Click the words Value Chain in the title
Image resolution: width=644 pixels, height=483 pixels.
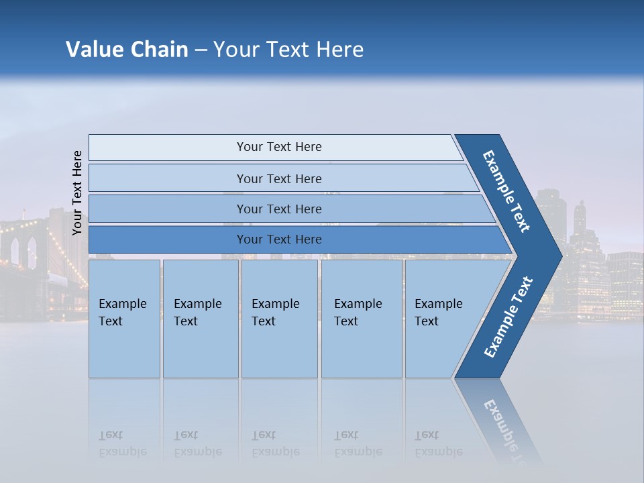[127, 50]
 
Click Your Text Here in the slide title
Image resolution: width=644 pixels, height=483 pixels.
[288, 50]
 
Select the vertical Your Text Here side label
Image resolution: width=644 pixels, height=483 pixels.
[77, 193]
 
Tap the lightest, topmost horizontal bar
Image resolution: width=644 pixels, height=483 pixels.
[275, 147]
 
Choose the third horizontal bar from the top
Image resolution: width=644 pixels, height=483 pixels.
[288, 209]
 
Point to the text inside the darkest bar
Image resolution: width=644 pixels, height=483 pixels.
[279, 239]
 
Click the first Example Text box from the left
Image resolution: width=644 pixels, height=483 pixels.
[124, 319]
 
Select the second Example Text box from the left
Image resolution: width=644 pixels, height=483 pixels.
[201, 319]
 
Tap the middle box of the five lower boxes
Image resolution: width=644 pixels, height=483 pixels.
[279, 319]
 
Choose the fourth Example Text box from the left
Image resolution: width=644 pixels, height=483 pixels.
[362, 319]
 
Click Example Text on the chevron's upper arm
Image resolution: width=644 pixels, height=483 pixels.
[506, 191]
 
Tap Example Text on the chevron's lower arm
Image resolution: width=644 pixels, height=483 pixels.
[508, 317]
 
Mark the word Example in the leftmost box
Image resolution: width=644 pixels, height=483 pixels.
[122, 304]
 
